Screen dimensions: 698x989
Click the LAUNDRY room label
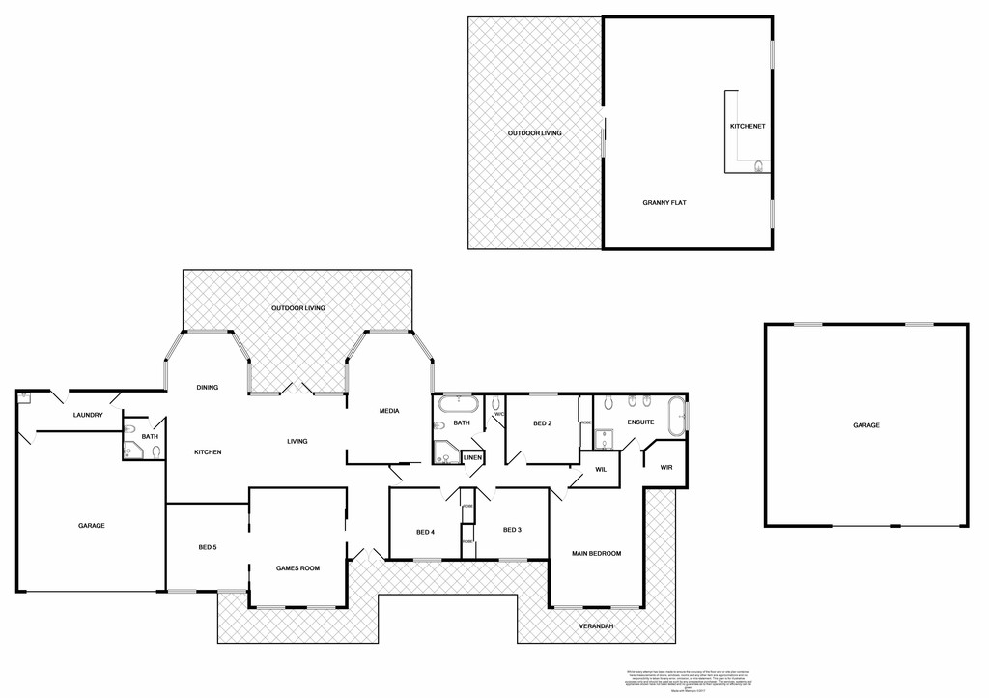tap(88, 416)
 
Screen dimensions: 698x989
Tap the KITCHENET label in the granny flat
tap(748, 127)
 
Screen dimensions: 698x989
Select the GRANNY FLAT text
tap(664, 204)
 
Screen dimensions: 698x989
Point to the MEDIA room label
tap(389, 411)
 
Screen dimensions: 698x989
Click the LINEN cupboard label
tap(472, 457)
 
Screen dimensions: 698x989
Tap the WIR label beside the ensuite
tap(665, 468)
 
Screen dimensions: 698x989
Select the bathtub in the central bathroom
tap(458, 403)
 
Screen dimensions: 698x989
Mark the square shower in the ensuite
tap(604, 440)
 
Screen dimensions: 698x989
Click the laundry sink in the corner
tap(24, 397)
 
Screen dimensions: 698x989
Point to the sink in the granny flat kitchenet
tap(759, 166)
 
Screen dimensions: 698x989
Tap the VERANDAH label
tap(596, 626)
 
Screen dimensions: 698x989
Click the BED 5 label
tap(208, 547)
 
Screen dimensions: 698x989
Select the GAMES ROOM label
tap(297, 568)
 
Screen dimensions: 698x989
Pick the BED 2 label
tap(542, 423)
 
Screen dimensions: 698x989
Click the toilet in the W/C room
tap(496, 403)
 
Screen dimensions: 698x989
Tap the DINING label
tap(208, 387)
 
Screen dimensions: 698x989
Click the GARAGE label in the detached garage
tap(865, 425)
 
